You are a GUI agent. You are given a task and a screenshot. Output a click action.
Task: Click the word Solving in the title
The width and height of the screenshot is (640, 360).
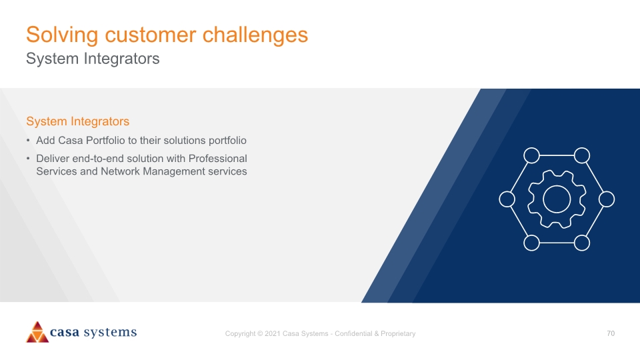62,35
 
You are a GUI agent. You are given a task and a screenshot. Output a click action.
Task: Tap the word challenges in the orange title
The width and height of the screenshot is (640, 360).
255,35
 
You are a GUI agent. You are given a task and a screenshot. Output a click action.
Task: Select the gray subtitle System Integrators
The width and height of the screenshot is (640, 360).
93,59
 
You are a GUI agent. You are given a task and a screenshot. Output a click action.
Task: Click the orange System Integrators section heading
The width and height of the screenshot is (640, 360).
77,121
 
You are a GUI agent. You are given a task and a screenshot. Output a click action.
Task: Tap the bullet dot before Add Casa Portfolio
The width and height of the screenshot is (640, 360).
28,141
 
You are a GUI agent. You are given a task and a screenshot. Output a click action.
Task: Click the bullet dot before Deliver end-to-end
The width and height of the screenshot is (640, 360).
28,159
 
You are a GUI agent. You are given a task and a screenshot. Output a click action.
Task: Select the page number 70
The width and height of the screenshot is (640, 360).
611,333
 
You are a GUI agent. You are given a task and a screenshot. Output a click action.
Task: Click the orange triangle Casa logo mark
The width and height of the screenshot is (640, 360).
37,332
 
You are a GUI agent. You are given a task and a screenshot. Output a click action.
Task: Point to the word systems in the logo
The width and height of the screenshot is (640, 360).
110,332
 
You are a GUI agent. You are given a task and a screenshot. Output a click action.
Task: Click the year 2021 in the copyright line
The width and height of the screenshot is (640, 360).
273,333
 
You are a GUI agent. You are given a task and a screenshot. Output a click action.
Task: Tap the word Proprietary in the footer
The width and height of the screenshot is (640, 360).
398,333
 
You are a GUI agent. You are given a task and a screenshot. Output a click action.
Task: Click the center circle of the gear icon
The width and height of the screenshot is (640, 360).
557,199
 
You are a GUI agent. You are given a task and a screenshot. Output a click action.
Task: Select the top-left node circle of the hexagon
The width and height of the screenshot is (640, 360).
531,155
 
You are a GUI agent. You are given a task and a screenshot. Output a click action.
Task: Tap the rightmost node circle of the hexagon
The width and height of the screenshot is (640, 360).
607,199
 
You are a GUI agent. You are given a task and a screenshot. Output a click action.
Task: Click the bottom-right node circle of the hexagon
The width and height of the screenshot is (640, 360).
581,243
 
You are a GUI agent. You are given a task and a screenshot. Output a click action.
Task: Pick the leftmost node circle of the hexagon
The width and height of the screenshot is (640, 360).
507,199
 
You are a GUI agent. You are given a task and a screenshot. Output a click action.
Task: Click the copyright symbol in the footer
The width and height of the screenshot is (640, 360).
260,333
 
